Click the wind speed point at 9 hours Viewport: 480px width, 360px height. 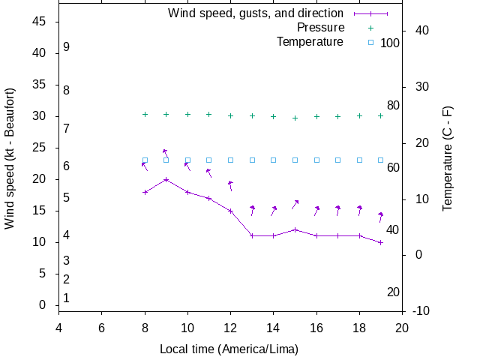pos(166,179)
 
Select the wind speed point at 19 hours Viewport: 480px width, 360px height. pos(381,242)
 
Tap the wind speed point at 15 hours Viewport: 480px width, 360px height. pos(295,229)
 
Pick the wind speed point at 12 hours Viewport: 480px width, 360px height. pos(231,211)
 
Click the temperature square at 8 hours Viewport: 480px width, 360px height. pos(145,160)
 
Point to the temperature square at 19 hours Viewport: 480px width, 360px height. pos(381,160)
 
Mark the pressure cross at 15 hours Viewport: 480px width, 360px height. pos(295,118)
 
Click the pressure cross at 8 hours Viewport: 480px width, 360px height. pos(145,114)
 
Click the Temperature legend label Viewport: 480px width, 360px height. pos(310,42)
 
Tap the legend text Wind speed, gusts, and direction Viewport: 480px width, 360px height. pos(255,13)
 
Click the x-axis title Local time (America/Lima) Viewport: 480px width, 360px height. pos(229,349)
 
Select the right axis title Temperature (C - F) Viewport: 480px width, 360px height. pos(448,157)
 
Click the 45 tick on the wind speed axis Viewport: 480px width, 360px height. pos(40,22)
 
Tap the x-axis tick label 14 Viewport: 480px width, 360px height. pos(274,328)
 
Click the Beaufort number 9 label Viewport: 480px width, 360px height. pos(67,46)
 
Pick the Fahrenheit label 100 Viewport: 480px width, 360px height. pos(390,43)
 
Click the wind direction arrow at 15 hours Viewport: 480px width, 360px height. pos(295,204)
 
